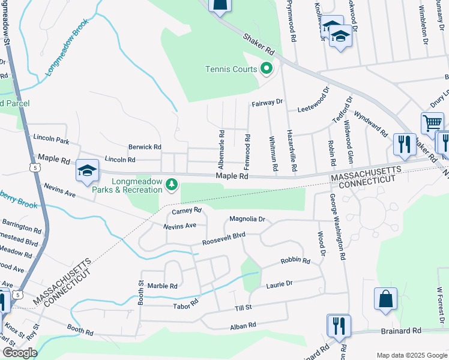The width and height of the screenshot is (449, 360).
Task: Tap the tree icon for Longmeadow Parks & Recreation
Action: (x=172, y=184)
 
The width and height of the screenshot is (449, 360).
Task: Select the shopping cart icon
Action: (x=432, y=124)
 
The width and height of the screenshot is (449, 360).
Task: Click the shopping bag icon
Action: (x=385, y=299)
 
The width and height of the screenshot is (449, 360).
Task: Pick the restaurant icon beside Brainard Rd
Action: (x=339, y=325)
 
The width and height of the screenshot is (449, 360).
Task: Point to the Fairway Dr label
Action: (x=267, y=103)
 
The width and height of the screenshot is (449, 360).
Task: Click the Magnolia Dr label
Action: (x=247, y=220)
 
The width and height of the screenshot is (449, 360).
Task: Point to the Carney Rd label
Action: (x=186, y=211)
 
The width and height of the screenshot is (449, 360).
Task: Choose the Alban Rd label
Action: (x=243, y=325)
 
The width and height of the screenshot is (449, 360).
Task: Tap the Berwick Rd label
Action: (x=145, y=146)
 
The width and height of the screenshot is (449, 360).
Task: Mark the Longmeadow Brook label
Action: (x=67, y=46)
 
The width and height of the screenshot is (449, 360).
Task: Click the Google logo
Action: (x=20, y=353)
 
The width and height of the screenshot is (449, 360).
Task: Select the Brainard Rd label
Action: (x=402, y=331)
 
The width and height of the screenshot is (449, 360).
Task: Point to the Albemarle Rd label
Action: (x=221, y=145)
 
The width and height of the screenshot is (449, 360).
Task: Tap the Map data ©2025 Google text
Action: (x=411, y=355)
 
